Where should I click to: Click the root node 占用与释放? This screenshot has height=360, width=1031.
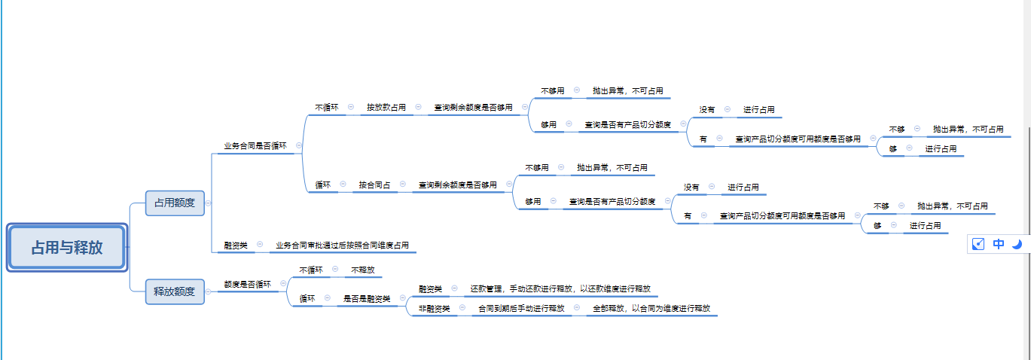(x=67, y=247)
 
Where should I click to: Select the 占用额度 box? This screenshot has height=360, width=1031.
(x=175, y=203)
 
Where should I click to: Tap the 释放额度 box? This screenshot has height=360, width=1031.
(x=175, y=291)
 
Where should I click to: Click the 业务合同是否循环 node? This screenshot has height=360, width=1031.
(x=255, y=145)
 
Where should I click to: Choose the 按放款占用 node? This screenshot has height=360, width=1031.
(x=386, y=107)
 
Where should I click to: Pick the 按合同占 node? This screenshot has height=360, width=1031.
(x=374, y=185)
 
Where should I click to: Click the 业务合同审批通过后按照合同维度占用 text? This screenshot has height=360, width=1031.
(x=343, y=245)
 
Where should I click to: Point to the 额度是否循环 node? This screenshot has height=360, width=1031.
(x=248, y=284)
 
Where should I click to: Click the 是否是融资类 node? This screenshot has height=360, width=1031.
(x=367, y=299)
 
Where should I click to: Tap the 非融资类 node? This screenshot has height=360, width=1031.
(x=435, y=308)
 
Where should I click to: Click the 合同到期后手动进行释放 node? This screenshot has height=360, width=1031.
(x=521, y=308)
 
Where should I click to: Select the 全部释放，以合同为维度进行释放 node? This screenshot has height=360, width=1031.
(x=651, y=308)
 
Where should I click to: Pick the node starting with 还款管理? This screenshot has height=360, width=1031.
(x=560, y=288)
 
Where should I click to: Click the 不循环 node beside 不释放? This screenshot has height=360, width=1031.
(x=311, y=270)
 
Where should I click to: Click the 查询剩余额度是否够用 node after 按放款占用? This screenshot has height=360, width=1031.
(x=473, y=107)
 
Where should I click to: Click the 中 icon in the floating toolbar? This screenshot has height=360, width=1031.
(x=999, y=244)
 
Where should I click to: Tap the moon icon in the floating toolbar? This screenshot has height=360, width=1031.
(x=1017, y=244)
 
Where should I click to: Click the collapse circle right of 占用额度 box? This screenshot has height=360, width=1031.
(x=209, y=203)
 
